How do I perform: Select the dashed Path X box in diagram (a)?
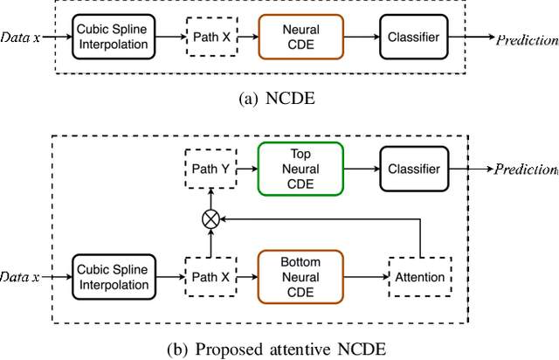(210, 38)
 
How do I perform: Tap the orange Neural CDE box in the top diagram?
(300, 38)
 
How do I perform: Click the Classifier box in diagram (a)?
(413, 38)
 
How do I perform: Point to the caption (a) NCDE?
(279, 98)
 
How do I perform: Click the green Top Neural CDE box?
(300, 169)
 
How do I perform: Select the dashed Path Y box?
(210, 169)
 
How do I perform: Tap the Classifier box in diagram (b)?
(413, 169)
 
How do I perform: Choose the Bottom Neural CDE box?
(300, 276)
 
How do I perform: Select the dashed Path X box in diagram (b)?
(210, 276)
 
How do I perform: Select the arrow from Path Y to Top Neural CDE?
(246, 169)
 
